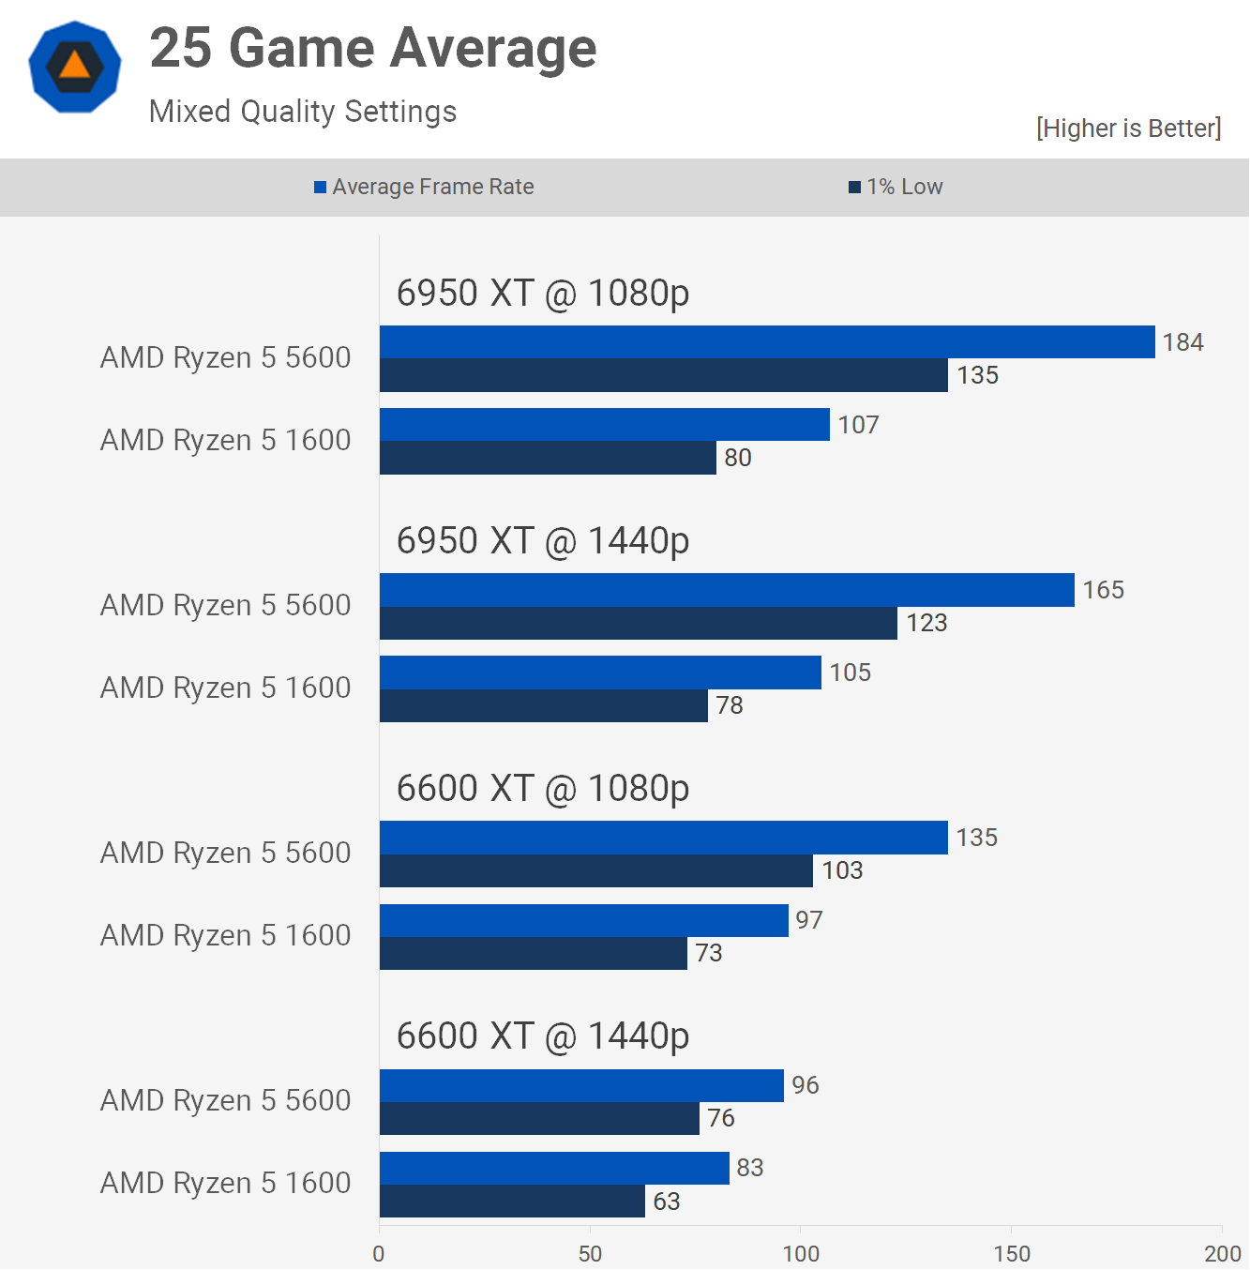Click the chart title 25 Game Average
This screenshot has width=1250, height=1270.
pyautogui.click(x=373, y=49)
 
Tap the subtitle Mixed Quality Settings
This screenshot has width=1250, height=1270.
pyautogui.click(x=303, y=112)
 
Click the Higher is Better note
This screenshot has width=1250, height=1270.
pyautogui.click(x=1128, y=129)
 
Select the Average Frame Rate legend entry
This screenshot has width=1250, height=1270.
pyautogui.click(x=424, y=187)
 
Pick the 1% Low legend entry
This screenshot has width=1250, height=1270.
pyautogui.click(x=896, y=187)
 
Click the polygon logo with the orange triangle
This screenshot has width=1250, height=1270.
pyautogui.click(x=75, y=68)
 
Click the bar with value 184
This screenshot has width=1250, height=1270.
pyautogui.click(x=767, y=342)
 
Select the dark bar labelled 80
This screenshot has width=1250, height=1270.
pyautogui.click(x=548, y=458)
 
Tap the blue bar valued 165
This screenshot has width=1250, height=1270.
pyautogui.click(x=727, y=590)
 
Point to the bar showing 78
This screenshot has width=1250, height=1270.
pyautogui.click(x=544, y=705)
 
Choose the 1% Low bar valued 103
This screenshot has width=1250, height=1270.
pyautogui.click(x=596, y=870)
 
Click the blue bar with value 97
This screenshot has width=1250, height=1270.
pyautogui.click(x=583, y=920)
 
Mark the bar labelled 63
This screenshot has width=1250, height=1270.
pyautogui.click(x=512, y=1202)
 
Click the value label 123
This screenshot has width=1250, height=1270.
pyautogui.click(x=926, y=623)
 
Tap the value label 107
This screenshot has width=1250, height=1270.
pyautogui.click(x=858, y=425)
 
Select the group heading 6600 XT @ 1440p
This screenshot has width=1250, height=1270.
pyautogui.click(x=543, y=1036)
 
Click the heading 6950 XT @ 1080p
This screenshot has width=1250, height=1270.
pyautogui.click(x=543, y=294)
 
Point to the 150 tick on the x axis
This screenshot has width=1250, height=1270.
pyautogui.click(x=1012, y=1253)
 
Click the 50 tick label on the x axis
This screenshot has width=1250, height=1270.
pyautogui.click(x=590, y=1253)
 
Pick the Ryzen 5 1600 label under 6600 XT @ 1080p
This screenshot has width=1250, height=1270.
pyautogui.click(x=225, y=935)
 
